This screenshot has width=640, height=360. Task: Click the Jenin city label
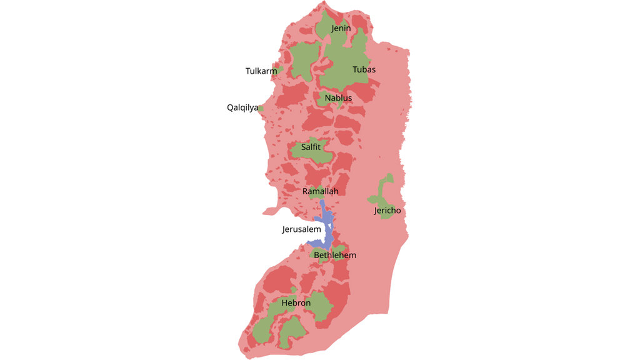coord(341,28)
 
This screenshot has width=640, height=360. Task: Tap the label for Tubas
coord(364,69)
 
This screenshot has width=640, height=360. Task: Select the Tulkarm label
coord(261,71)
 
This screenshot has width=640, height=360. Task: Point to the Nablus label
coord(338,98)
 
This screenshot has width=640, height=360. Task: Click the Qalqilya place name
coord(242,107)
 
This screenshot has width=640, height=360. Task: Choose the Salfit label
coord(311,147)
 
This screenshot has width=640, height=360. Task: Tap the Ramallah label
coord(320,191)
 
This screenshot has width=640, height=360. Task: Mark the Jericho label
coord(387,211)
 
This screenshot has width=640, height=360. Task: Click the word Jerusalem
coord(301,229)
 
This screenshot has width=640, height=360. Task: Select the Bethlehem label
coord(335,255)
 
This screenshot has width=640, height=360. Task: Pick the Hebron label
coord(296,303)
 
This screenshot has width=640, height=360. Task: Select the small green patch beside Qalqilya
coord(261,108)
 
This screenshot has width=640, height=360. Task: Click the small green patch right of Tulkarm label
coord(281,69)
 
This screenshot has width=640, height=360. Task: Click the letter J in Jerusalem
coord(285,230)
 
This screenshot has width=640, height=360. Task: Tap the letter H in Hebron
coord(284,303)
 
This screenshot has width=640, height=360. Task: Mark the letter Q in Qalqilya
coord(230,107)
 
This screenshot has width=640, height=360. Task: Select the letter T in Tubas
coord(355,69)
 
